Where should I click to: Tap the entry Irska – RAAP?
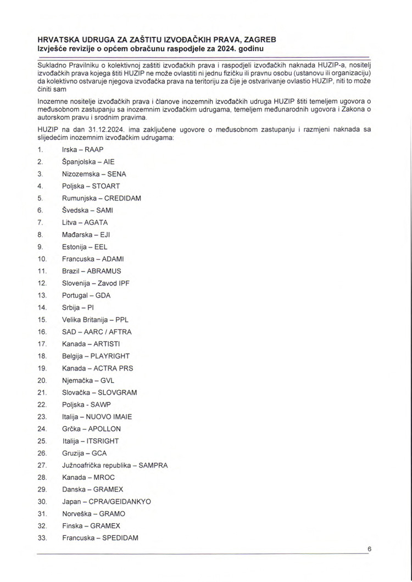(x=82, y=149)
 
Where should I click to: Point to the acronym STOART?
(x=106, y=186)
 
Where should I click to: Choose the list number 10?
(x=42, y=259)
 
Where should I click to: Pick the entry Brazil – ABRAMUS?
(x=92, y=271)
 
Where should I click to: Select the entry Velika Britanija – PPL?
(x=96, y=320)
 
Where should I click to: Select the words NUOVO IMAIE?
(x=109, y=417)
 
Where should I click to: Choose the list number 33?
(x=42, y=538)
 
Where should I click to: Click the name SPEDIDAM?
(x=120, y=538)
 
